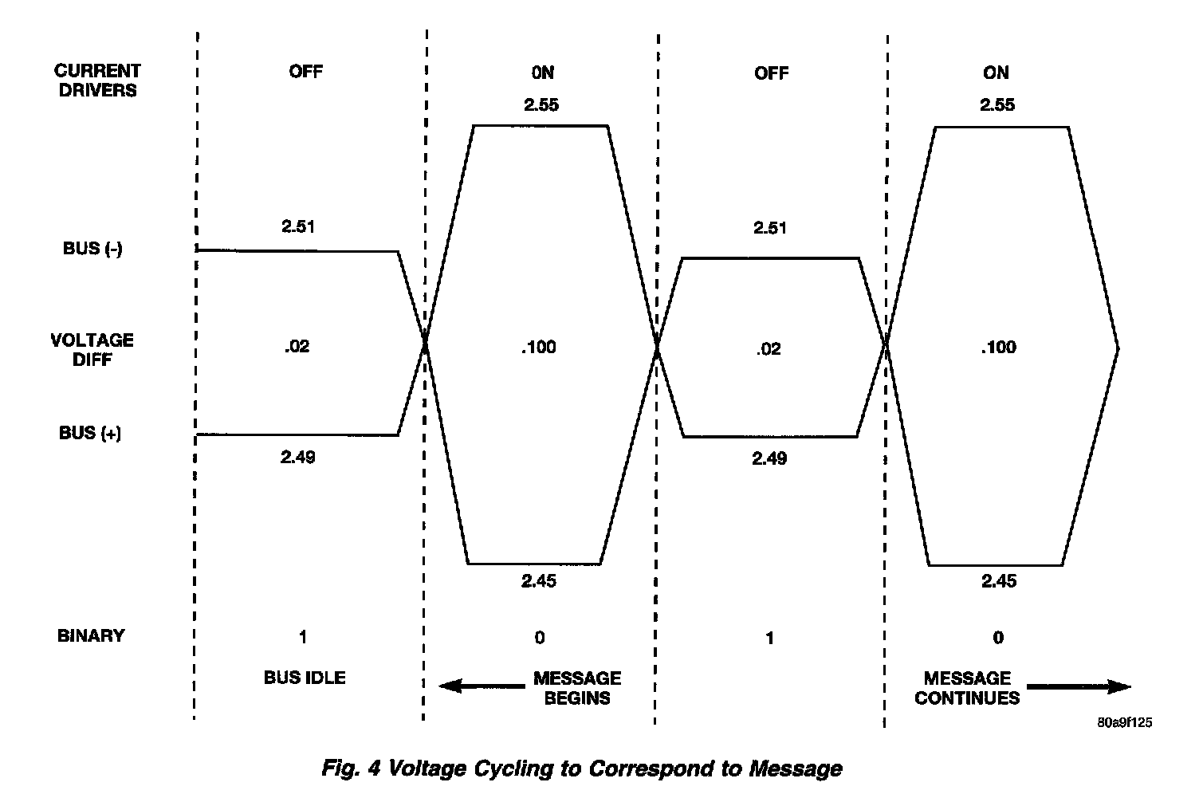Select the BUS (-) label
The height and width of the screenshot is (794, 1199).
coord(92,249)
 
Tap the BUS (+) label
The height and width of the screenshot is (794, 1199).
coord(90,434)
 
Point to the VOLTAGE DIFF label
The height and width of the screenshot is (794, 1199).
coord(92,349)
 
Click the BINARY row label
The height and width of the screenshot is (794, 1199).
coord(91,635)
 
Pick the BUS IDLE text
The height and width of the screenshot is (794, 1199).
coord(305,678)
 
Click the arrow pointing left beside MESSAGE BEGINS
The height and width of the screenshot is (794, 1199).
coord(482,686)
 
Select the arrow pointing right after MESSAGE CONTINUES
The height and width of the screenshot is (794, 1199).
coord(1079,686)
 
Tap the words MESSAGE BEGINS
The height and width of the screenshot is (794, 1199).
coord(577,688)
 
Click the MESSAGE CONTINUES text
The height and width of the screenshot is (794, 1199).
coord(967,688)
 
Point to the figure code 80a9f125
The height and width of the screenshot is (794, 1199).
coord(1124,723)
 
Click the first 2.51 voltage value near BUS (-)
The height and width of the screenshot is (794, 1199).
coord(298,226)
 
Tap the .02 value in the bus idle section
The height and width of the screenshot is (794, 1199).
coord(297,347)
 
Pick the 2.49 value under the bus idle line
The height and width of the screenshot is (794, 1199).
coord(297,457)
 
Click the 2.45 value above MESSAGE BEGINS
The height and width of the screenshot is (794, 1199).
coord(539,581)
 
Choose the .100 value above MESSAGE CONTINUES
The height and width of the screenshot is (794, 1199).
coord(998,348)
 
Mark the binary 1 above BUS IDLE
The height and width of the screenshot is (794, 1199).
coord(303,637)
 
